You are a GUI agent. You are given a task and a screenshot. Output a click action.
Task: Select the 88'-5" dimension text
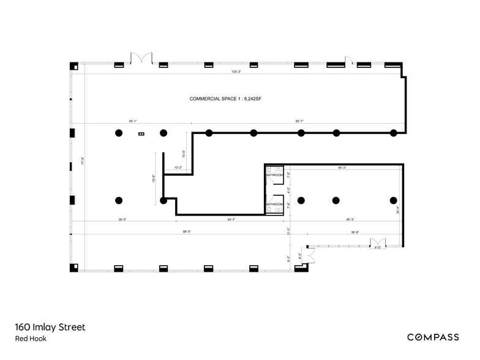[187, 231]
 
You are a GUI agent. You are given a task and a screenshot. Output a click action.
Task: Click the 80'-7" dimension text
[300, 121]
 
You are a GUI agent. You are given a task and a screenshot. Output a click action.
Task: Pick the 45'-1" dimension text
[133, 121]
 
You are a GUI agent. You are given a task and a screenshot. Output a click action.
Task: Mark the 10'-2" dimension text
[178, 167]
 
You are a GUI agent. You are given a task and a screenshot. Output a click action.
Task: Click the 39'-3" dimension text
[122, 219]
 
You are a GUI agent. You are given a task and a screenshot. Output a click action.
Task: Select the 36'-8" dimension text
[354, 231]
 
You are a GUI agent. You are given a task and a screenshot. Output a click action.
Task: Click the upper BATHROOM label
[274, 175]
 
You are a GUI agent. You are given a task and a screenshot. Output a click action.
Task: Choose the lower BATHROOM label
[274, 204]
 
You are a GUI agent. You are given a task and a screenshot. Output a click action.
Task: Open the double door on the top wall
[141, 59]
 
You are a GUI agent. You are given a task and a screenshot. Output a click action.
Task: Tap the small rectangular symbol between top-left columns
[141, 133]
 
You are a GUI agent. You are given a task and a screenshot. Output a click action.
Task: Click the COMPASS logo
[434, 337]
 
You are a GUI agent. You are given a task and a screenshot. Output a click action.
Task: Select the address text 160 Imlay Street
[50, 327]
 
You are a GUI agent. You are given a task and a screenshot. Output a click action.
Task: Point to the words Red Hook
[31, 339]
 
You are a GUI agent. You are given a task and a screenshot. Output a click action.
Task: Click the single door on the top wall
[348, 61]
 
